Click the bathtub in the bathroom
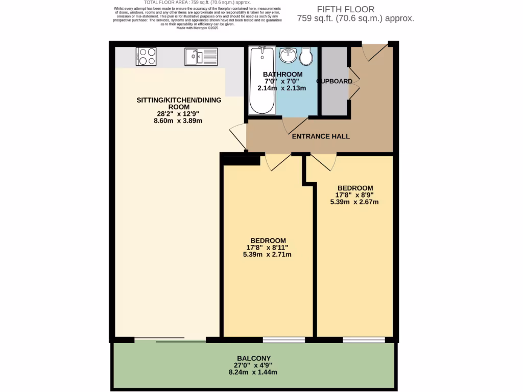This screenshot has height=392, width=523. point(262,80)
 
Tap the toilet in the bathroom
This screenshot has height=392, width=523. point(306,57)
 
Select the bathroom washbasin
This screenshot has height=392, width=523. point(289,55)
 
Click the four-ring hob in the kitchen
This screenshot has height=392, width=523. point(146,56)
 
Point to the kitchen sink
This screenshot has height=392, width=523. point(201,56)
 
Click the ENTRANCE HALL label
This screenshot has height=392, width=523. point(321,136)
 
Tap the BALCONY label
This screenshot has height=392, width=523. point(254,358)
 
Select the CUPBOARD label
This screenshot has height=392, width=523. point(335,81)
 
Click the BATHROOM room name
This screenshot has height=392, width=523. point(282,75)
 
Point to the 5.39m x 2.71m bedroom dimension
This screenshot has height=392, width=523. point(267,254)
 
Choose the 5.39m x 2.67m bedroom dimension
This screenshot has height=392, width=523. point(354,201)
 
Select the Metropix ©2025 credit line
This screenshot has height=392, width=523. point(197,28)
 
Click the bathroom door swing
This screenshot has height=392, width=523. point(295,124)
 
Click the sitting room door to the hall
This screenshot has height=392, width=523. point(239,137)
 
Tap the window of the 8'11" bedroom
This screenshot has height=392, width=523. point(284,339)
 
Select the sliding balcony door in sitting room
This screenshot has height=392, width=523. point(171,339)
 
